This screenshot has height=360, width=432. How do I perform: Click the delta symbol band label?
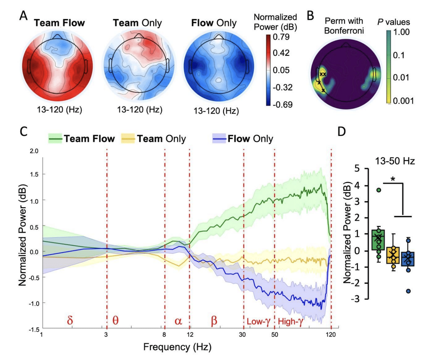coord(70,321)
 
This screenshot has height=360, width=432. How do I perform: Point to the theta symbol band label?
coord(116,321)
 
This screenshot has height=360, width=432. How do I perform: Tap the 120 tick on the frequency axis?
coord(331,335)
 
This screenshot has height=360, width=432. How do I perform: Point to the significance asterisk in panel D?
coord(391,179)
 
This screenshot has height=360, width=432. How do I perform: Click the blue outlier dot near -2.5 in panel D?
coord(408,291)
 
